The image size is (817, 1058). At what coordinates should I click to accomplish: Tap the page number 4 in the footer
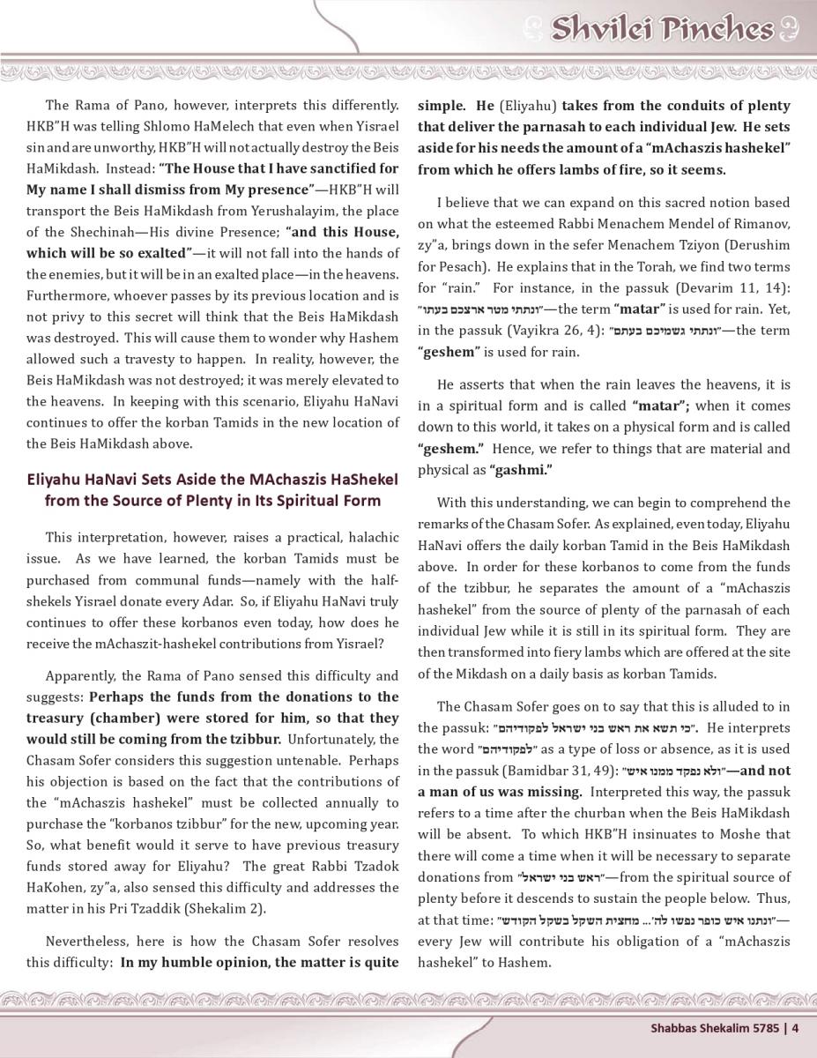click(x=795, y=1026)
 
